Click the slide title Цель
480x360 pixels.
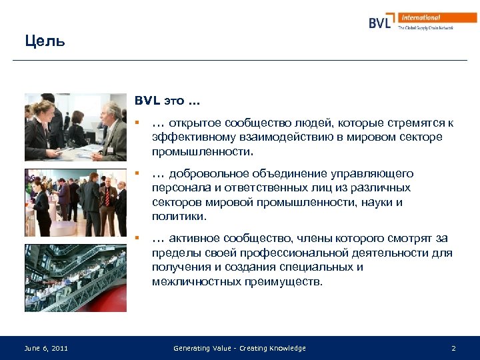pos(45,41)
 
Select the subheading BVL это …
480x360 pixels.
pos(167,102)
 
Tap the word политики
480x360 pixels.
pos(179,217)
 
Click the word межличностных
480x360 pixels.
pos(194,281)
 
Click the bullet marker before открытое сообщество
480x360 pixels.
pos(137,123)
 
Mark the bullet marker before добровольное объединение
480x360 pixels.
pos(137,173)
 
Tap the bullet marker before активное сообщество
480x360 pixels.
pos(137,238)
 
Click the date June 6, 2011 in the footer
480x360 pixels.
pos(45,348)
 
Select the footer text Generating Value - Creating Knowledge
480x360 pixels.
pos(239,348)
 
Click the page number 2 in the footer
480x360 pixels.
pos(453,348)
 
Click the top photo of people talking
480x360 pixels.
pos(75,127)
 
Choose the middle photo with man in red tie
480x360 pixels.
pos(75,203)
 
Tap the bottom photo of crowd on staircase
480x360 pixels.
pos(75,278)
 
